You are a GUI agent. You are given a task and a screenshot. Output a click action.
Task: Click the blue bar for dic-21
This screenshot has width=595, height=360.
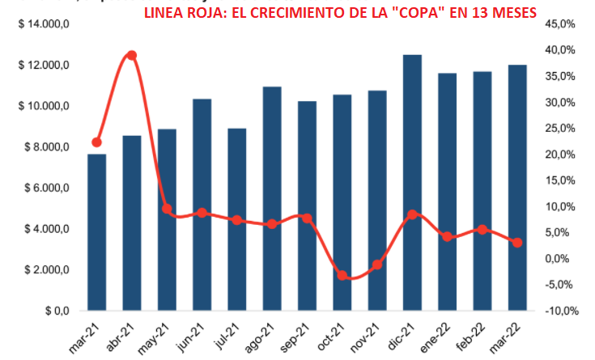(412, 182)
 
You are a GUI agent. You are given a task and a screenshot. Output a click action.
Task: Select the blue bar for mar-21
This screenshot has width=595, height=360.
(97, 232)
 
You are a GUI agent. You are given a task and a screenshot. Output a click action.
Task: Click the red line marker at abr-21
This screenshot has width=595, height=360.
(132, 56)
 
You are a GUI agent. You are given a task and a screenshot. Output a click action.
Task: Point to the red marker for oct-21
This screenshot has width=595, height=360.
(342, 276)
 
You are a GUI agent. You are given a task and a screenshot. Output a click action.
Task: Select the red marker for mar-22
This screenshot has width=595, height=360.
(517, 242)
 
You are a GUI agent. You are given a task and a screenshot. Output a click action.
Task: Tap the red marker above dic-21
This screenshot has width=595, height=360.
(412, 214)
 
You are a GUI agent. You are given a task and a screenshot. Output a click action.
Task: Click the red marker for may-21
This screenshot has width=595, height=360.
(168, 209)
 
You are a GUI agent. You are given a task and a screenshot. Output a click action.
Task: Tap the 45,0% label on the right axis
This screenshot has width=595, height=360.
(559, 24)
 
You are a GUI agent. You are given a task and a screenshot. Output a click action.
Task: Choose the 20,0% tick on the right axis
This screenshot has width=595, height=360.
(559, 155)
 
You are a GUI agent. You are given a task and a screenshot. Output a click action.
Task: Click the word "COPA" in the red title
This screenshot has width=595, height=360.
(418, 13)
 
